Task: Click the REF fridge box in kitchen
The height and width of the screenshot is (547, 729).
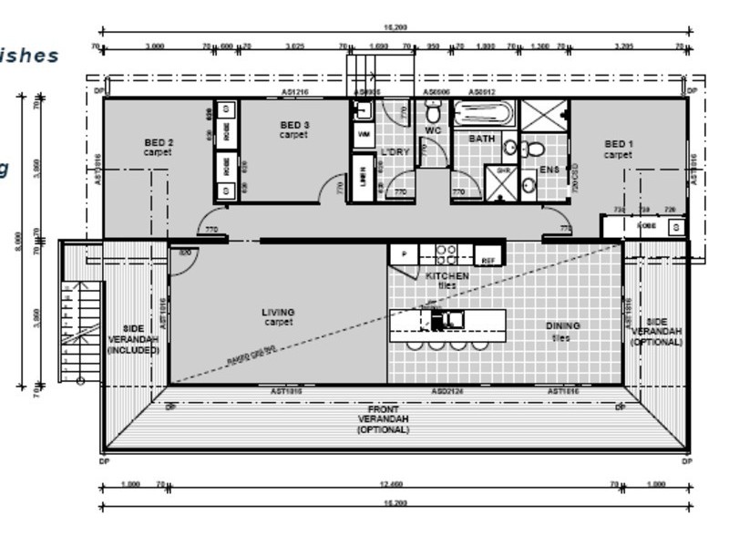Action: (x=488, y=260)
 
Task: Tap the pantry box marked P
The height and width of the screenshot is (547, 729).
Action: (x=403, y=253)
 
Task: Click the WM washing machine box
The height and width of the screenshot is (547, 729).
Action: (x=363, y=134)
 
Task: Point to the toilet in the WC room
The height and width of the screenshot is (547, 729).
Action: (x=434, y=114)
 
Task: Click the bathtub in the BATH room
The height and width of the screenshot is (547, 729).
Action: (x=484, y=114)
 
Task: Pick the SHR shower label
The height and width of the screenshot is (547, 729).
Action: (x=502, y=170)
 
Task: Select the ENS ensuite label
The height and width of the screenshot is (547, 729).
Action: (x=549, y=170)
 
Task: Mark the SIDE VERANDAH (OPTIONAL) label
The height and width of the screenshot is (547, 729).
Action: (x=656, y=332)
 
